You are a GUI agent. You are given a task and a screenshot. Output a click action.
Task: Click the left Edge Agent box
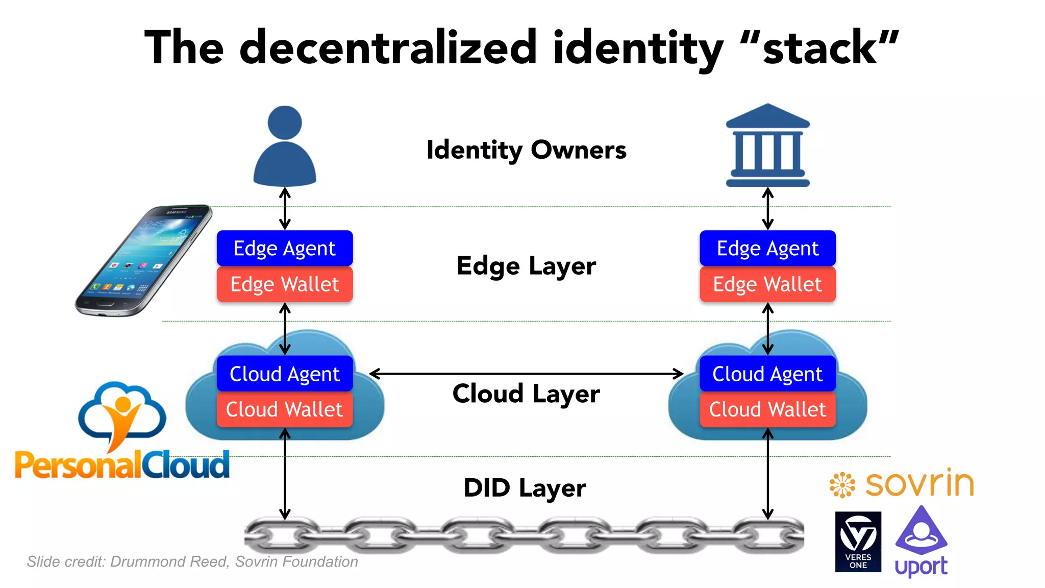(x=285, y=249)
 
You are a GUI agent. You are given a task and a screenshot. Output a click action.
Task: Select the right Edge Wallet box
(x=767, y=284)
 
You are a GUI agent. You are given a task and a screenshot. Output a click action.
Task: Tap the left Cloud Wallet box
(x=285, y=409)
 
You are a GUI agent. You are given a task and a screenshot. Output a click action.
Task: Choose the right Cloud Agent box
(x=767, y=374)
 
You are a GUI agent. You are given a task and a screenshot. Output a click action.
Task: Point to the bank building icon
(x=767, y=146)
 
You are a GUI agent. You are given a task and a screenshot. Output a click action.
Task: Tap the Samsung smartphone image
(x=143, y=260)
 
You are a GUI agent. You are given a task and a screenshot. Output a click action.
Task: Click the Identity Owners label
(x=526, y=150)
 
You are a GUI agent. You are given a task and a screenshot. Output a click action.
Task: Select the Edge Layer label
(x=526, y=266)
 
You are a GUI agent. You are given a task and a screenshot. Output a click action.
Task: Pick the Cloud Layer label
(x=526, y=394)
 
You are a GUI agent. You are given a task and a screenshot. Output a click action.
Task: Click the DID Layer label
(x=525, y=487)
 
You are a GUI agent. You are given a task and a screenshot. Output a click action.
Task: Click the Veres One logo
(x=858, y=542)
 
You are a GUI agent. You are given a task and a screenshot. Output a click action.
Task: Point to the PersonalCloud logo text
(x=122, y=465)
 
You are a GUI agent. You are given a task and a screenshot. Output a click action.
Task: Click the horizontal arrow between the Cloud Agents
(x=526, y=374)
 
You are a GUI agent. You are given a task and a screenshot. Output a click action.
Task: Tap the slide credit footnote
(x=192, y=561)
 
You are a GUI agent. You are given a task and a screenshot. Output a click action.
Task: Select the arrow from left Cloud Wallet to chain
(x=285, y=475)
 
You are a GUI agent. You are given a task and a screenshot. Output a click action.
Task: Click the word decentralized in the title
(x=388, y=48)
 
